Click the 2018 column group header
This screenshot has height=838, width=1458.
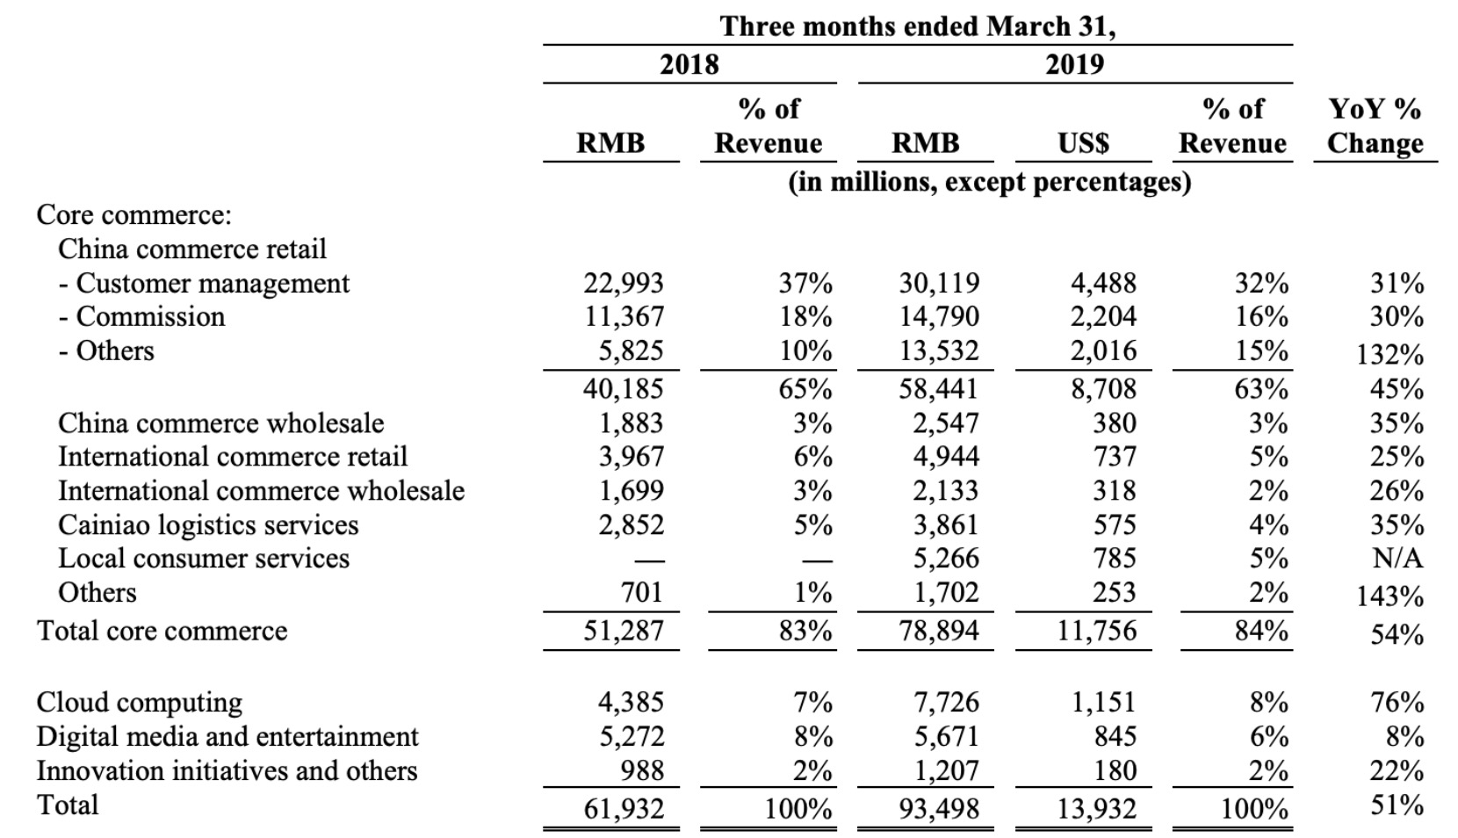click(x=689, y=64)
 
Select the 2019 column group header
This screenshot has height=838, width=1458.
click(x=1074, y=64)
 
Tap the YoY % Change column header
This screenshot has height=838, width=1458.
click(x=1375, y=126)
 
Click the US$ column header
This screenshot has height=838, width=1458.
click(x=1083, y=142)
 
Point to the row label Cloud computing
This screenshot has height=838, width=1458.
click(x=140, y=702)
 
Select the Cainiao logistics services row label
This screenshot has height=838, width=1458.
click(x=208, y=524)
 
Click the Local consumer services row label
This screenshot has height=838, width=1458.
click(x=204, y=558)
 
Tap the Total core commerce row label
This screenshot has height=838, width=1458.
click(x=162, y=631)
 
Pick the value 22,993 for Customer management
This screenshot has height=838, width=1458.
click(x=624, y=283)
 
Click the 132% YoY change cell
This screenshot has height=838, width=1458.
click(x=1389, y=355)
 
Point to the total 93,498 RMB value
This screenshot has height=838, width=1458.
click(x=939, y=807)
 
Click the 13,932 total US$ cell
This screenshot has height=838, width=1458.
click(x=1096, y=807)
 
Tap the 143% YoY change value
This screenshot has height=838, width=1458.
click(x=1389, y=596)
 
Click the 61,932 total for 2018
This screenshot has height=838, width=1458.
click(x=624, y=807)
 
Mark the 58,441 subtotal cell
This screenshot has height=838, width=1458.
click(x=939, y=388)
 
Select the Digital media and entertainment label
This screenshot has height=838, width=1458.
click(x=227, y=736)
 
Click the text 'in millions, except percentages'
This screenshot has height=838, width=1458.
click(x=990, y=182)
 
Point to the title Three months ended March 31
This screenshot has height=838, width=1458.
click(x=918, y=26)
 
